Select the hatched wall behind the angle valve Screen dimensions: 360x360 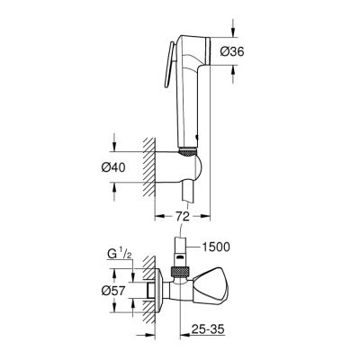click(x=141, y=292)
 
